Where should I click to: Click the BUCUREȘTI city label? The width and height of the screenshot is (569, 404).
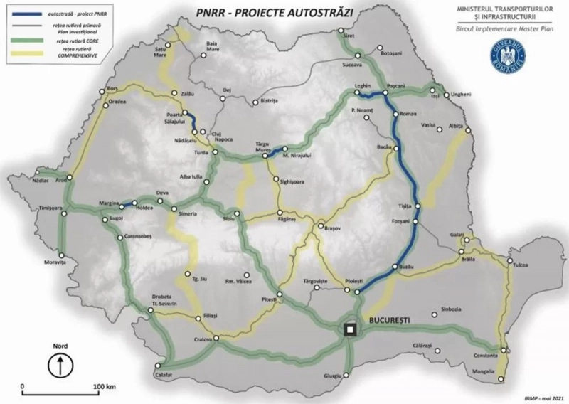[388, 321]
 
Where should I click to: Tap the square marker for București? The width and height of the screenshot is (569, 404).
[349, 329]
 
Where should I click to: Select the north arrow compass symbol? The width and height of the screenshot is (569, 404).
[60, 366]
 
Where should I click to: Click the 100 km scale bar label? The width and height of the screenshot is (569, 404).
[105, 387]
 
